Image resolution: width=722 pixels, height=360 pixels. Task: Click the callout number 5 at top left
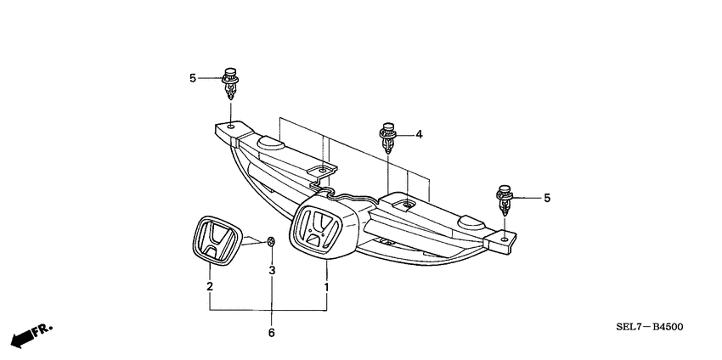[193, 78]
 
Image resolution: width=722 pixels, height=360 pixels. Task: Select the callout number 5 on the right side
[548, 198]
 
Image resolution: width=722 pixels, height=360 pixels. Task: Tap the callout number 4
[419, 134]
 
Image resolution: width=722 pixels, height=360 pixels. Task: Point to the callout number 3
[273, 271]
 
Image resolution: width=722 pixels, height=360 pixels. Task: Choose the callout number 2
[210, 287]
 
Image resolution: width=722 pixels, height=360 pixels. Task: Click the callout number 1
[326, 287]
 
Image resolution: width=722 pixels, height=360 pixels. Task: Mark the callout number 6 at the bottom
[273, 334]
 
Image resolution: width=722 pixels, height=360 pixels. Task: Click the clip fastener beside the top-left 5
[229, 83]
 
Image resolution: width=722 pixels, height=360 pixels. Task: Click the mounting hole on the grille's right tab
[506, 239]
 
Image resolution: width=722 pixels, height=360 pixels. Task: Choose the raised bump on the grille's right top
[469, 222]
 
